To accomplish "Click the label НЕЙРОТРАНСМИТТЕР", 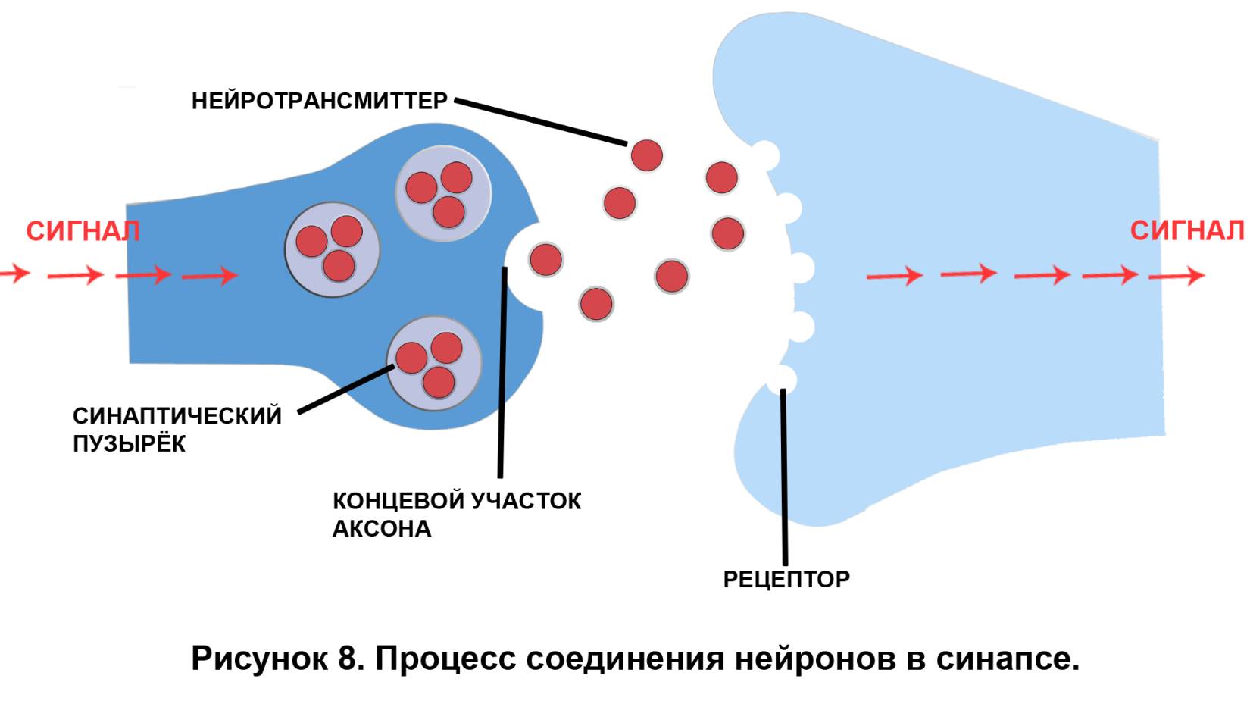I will pyautogui.click(x=319, y=101).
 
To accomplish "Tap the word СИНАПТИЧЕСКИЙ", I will pyautogui.click(x=177, y=416).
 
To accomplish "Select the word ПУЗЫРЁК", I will pyautogui.click(x=129, y=443).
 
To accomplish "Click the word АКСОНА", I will pyautogui.click(x=382, y=529).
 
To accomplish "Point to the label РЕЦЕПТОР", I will pyautogui.click(x=786, y=580).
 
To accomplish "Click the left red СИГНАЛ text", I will pyautogui.click(x=83, y=231).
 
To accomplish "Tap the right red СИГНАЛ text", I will pyautogui.click(x=1186, y=230).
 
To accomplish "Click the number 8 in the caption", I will pyautogui.click(x=348, y=658).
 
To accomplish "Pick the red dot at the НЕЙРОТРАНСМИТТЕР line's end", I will pyautogui.click(x=647, y=155).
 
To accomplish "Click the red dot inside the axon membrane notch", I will pyautogui.click(x=545, y=259).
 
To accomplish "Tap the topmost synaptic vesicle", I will pyautogui.click(x=443, y=193).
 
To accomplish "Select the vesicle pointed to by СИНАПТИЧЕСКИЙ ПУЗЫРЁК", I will pyautogui.click(x=434, y=362).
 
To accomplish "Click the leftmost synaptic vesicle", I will pyautogui.click(x=332, y=249).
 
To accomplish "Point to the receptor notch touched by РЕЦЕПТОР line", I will pyautogui.click(x=782, y=377).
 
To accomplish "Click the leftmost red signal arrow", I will pyautogui.click(x=14, y=274).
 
